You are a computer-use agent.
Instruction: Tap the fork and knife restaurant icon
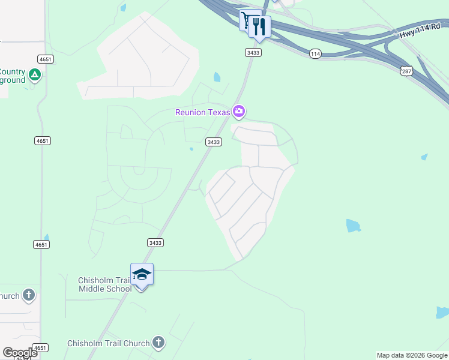260,26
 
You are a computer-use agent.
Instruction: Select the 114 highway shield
315,54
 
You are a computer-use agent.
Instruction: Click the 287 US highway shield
406,71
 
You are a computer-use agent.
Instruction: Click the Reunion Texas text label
203,112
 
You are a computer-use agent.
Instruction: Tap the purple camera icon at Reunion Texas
240,111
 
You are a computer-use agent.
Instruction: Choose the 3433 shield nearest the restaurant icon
253,53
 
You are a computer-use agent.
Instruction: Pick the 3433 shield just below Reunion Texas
213,142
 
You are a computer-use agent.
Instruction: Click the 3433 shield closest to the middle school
155,242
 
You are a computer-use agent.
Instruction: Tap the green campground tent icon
35,75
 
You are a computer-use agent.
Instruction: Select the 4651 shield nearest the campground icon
45,59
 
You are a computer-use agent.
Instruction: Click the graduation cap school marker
142,275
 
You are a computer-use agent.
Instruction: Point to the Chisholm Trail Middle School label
105,284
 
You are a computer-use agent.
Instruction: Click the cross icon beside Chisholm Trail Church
158,343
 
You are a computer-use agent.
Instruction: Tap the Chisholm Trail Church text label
109,343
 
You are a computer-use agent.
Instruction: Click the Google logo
20,352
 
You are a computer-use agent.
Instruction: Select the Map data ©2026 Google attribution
412,355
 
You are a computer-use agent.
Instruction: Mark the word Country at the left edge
12,71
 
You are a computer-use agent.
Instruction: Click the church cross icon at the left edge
29,295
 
